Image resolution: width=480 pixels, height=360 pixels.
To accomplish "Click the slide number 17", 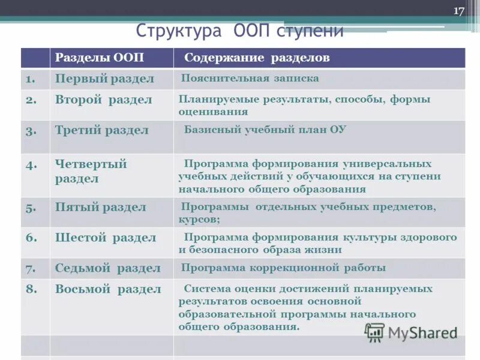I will coord(460,11).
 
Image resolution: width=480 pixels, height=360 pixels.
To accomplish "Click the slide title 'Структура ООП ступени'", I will coord(239,31).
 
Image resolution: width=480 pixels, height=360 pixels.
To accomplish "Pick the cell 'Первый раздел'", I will coord(104,79).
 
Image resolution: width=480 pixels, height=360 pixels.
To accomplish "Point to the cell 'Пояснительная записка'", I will coord(250,78).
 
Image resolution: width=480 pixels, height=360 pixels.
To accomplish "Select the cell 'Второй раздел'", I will coord(103,100).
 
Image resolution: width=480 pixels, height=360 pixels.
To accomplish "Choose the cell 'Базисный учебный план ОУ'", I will coord(265,129).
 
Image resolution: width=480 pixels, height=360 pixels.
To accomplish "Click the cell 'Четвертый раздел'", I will coord(91,171).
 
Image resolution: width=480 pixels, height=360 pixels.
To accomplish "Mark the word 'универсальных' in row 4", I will coord(387,164).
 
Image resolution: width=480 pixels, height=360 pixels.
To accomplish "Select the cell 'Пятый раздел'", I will coord(100,208).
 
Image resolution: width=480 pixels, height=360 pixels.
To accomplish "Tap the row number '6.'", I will coord(31,237).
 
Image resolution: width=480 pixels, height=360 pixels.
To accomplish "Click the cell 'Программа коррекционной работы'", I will coord(283,268).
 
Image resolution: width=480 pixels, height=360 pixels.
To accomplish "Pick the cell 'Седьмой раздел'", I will coord(107,268).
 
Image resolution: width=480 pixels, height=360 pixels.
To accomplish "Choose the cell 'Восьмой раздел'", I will coord(108,289).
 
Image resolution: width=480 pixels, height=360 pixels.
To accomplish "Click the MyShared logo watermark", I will coord(411,332).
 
